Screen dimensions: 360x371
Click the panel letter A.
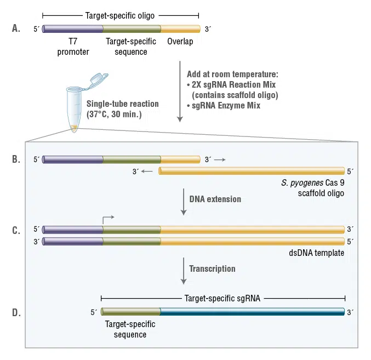16,28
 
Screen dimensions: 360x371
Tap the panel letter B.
16,159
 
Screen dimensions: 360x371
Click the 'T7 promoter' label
73,47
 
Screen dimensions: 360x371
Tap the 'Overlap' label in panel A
180,42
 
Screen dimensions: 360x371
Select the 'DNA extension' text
215,199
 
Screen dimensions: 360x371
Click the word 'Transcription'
212,269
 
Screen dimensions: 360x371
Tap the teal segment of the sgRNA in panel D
252,312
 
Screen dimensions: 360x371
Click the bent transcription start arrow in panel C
107,219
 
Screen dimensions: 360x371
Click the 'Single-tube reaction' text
123,104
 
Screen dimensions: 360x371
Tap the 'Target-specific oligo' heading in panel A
121,15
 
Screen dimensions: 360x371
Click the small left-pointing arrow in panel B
147,172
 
